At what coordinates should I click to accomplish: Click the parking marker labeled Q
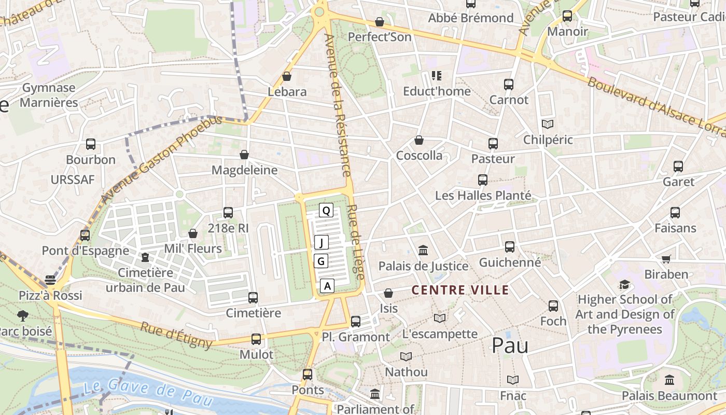pos(326,210)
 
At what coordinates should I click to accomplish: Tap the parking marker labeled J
pos(322,242)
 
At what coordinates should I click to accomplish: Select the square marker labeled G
pos(321,261)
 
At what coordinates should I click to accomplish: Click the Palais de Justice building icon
pos(423,251)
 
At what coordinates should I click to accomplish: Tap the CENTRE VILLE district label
pos(460,290)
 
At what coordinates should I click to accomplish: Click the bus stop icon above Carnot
pos(509,85)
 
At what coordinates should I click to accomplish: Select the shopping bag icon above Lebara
pos(287,77)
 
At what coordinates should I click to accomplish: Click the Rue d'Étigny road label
pos(176,335)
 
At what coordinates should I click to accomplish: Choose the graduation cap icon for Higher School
pos(625,285)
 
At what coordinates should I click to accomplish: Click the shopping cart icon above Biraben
pos(666,259)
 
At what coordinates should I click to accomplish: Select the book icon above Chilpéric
pos(548,124)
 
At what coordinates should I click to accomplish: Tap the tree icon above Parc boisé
pos(23,315)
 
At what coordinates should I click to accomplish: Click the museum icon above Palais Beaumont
pos(669,380)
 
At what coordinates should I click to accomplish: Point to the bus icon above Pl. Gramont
pos(356,321)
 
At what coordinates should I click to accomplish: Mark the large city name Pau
pos(510,345)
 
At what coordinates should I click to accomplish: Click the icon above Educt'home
pos(437,76)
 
